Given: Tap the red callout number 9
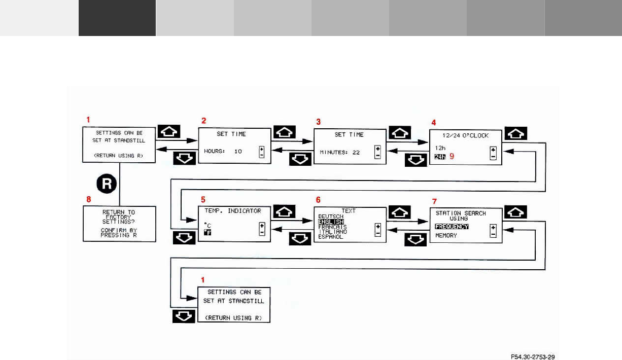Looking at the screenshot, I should pyautogui.click(x=451, y=157).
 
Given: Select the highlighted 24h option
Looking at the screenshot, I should pyautogui.click(x=439, y=157).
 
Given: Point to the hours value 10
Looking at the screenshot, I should pyautogui.click(x=237, y=151).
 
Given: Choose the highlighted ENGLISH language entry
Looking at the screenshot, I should pyautogui.click(x=331, y=222).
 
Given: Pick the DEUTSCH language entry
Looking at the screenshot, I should pyautogui.click(x=331, y=217).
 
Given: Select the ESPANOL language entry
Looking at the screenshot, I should pyautogui.click(x=331, y=237).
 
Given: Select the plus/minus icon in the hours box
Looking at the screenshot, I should pyautogui.click(x=262, y=152).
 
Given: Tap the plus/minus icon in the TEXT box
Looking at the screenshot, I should pyautogui.click(x=377, y=230).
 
